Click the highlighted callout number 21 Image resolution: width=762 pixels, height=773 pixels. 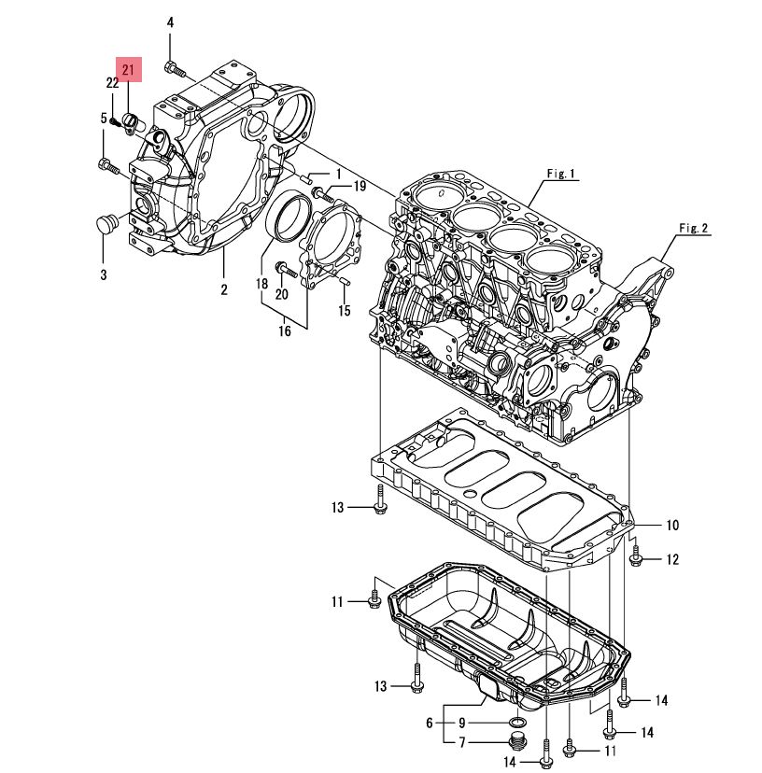pos(128,69)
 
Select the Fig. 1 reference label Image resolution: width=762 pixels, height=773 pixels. pos(561,174)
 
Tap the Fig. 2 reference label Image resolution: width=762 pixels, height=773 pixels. pos(694,228)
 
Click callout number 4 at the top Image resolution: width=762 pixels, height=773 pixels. pos(170,22)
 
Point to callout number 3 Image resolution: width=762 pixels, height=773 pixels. pos(104,274)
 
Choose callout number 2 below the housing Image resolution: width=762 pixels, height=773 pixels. pos(224,289)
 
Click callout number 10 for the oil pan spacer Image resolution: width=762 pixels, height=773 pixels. pos(672,525)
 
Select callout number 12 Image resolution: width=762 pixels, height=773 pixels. pos(672,559)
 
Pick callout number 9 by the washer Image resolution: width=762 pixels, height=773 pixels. pos(461,723)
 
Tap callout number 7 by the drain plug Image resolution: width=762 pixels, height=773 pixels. pos(462,742)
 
